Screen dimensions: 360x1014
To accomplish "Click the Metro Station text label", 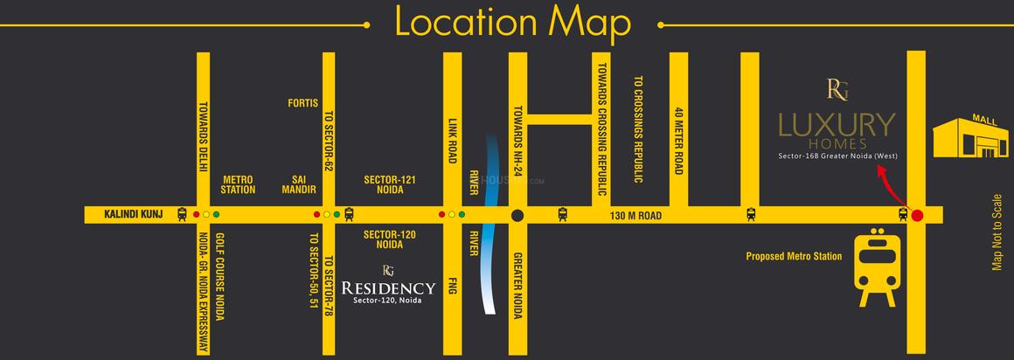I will (239, 183).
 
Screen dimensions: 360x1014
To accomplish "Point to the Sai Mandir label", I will (293, 183).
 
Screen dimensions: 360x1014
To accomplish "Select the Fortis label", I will (302, 103).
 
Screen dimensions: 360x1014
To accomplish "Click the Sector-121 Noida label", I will (389, 183).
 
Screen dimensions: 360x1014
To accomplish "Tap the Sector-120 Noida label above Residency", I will (389, 239).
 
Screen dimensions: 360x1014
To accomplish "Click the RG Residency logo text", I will (388, 287).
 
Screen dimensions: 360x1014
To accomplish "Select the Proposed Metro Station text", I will (794, 257).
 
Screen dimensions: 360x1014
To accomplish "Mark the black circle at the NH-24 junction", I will (517, 215).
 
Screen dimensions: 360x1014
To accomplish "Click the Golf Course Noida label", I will (220, 277).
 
